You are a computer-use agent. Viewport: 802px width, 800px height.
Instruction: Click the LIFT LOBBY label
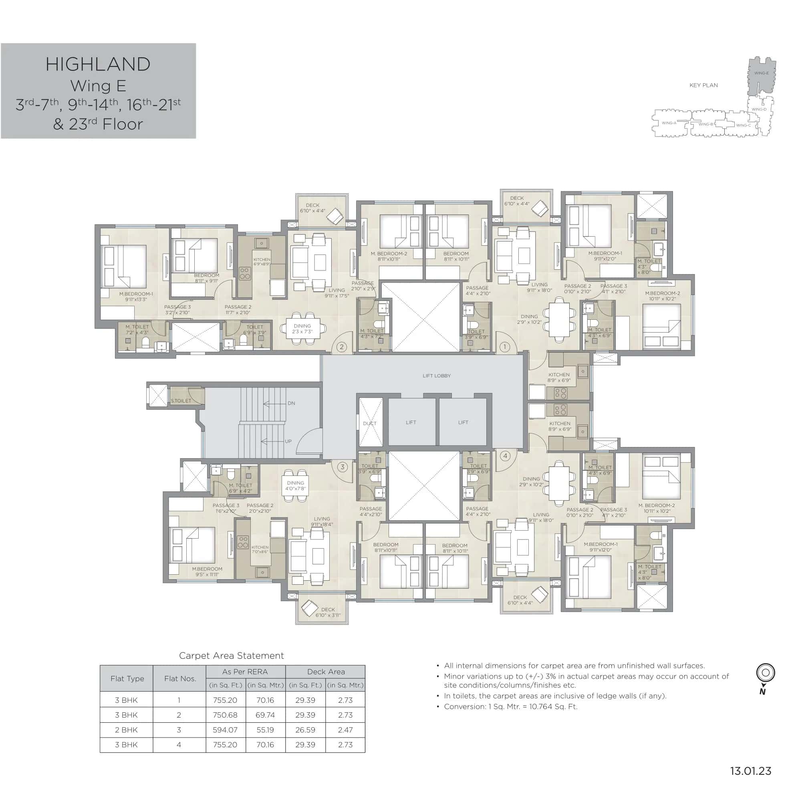pos(436,376)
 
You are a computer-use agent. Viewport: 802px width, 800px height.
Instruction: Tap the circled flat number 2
pos(342,347)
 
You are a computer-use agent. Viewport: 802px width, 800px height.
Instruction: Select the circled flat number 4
pos(505,456)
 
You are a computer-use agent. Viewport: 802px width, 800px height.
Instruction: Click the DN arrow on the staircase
pos(274,403)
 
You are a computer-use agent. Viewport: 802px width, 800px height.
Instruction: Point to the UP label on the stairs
pos(288,441)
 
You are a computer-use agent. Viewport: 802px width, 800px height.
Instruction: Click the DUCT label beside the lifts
pos(369,423)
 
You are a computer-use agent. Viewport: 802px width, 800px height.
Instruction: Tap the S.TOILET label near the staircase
pos(181,401)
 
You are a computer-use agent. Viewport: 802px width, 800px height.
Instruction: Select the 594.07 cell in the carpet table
pos(225,730)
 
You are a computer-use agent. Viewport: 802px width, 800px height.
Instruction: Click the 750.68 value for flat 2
pos(225,715)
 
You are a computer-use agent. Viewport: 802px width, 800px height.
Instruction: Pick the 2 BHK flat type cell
pos(126,730)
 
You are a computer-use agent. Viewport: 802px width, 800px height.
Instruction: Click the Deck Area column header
pos(325,672)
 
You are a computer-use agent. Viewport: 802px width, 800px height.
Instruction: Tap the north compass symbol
pos(766,673)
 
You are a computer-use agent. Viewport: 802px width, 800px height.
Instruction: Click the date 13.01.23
pos(751,771)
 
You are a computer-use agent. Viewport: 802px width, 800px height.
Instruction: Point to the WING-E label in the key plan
pos(761,73)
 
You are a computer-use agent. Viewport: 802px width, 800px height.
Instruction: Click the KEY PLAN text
pos(703,85)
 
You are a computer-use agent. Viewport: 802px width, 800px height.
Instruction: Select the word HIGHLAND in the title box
pos(98,64)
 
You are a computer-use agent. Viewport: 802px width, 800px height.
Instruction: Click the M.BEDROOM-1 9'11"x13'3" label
pos(136,297)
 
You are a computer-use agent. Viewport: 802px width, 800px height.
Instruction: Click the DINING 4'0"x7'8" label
pos(296,485)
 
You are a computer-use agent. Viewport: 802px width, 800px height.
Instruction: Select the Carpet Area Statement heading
pos(231,656)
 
